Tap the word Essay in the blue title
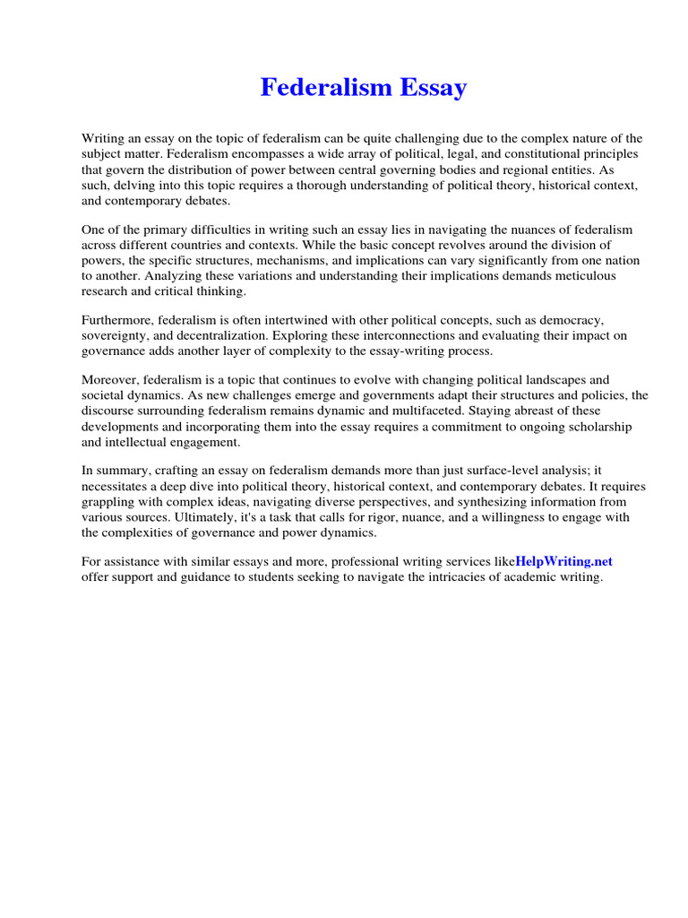[x=431, y=88]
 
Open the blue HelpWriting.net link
[x=564, y=561]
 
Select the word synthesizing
[x=485, y=501]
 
